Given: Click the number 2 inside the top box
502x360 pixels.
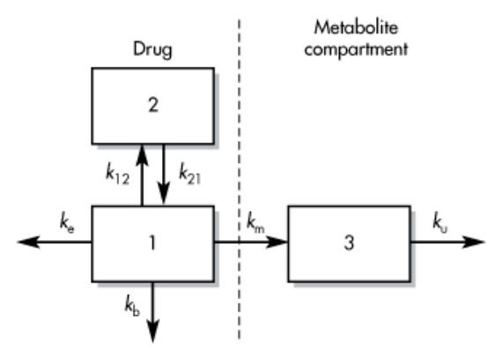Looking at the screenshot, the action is point(153,105).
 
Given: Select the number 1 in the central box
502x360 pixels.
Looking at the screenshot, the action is point(152,242).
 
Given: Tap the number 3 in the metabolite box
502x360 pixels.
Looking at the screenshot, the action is point(349,242).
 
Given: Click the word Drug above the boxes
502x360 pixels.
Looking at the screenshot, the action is point(152,49).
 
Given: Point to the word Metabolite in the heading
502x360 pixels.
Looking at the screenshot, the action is point(356,27).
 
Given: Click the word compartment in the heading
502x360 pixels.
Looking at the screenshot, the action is point(356,49).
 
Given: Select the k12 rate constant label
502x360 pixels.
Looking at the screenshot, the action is point(117,174).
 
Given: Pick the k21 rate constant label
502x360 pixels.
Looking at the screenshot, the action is point(190,173).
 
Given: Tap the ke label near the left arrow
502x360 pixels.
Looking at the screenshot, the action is point(67,222).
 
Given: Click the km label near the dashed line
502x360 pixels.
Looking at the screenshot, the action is point(255,222).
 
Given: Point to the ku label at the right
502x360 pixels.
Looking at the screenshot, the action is point(439,222).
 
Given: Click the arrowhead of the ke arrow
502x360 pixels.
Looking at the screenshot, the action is point(28,242).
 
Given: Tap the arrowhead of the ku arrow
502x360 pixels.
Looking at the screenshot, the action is point(474,242).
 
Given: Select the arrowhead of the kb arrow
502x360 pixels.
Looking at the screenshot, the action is point(152,332).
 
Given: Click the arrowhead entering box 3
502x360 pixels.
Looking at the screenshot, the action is point(277,242).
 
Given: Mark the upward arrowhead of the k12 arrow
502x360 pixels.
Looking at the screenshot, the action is point(142,155).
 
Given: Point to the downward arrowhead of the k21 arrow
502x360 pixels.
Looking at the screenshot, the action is point(164,195).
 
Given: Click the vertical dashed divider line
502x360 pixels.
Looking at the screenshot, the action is point(239,180).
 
